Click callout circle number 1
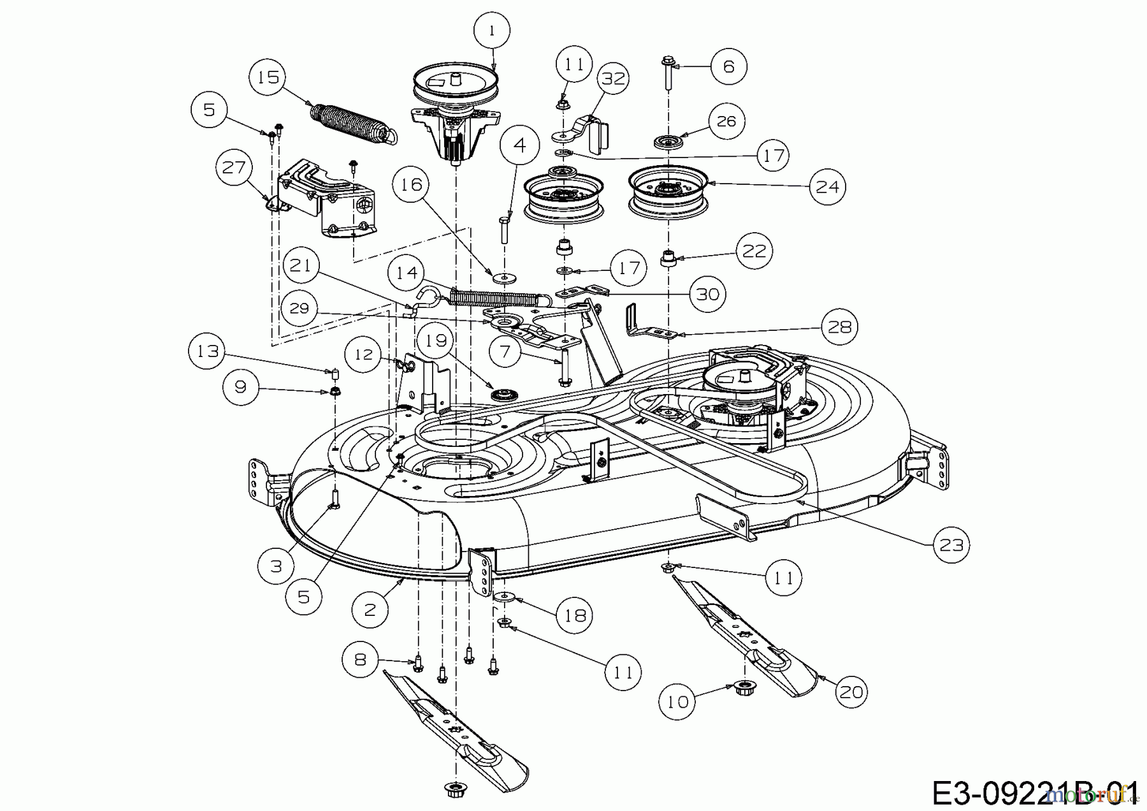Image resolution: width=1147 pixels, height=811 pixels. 492,30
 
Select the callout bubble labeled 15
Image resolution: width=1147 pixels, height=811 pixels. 268,77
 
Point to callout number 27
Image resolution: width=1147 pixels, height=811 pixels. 234,168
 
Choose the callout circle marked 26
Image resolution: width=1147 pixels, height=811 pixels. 726,121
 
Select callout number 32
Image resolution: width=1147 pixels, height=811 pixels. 613,78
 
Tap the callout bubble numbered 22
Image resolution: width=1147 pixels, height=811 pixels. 754,250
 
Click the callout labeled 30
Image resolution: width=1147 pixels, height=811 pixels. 708,294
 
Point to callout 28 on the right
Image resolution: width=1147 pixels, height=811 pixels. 839,327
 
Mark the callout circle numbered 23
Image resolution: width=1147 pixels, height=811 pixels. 951,545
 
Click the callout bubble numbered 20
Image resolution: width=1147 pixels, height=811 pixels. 851,690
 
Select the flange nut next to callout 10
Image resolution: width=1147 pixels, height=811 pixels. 741,688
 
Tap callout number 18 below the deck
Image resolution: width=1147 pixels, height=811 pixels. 575,615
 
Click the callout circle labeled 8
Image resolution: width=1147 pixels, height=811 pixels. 360,659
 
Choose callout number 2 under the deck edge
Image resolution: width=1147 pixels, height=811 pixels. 370,609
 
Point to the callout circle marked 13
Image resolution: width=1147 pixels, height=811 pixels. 208,351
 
